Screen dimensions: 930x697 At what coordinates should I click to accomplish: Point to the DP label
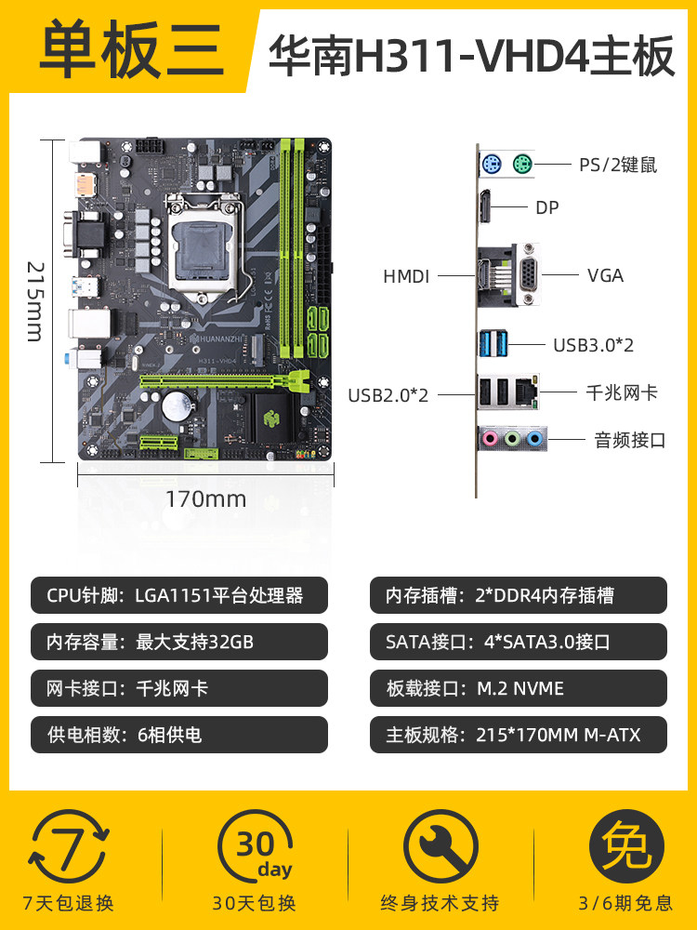point(547,208)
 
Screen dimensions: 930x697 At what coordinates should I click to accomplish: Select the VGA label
point(605,275)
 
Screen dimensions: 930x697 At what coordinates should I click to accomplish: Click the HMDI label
point(406,276)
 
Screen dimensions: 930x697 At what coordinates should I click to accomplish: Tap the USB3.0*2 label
point(593,345)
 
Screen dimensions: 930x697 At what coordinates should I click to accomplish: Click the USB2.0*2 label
point(388,394)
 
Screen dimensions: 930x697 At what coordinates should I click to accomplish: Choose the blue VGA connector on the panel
point(527,275)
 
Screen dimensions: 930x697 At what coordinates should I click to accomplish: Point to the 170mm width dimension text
point(205,498)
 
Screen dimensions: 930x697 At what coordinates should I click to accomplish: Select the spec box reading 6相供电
point(178,735)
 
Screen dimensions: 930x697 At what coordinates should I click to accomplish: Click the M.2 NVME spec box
point(518,688)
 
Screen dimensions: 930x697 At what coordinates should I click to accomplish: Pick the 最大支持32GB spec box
point(178,642)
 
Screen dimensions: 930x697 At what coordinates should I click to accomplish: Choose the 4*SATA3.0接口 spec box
point(518,642)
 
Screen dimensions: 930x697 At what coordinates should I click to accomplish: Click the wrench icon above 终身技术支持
point(440,846)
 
